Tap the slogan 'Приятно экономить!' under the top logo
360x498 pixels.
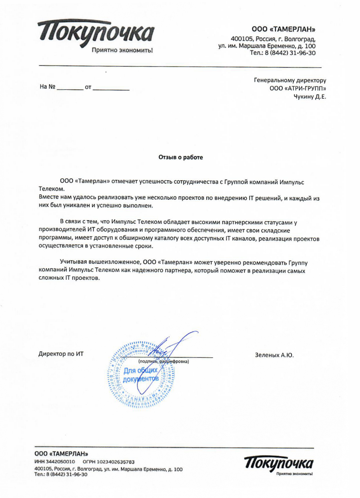click(x=122, y=51)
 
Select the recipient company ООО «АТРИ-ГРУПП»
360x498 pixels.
click(x=298, y=88)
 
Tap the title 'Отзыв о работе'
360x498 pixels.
click(x=181, y=157)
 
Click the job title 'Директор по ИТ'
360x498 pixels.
click(x=61, y=354)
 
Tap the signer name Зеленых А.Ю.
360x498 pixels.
click(x=274, y=355)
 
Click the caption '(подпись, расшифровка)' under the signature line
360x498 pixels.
click(x=163, y=361)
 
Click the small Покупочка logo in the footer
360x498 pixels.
click(x=280, y=465)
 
